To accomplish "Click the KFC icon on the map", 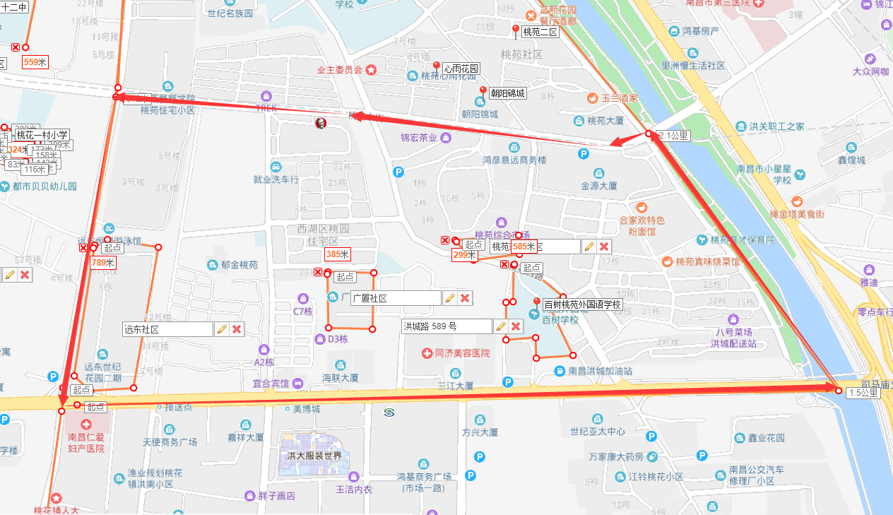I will pos(320,124).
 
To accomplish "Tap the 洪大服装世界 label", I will pos(314,456).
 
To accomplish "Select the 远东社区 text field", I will pos(167,329).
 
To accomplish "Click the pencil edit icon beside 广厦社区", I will pos(449,298).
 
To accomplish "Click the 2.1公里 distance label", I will pos(671,135).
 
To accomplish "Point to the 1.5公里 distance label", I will pos(863,393).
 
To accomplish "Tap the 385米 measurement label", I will pos(338,254).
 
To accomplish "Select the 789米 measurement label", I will pos(102,263).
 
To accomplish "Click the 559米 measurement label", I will pos(35,62).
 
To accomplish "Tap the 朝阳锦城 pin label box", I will pos(508,93).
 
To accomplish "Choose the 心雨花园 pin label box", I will pos(461,69).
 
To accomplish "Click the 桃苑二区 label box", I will pos(540,32).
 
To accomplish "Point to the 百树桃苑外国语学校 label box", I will pos(583,305).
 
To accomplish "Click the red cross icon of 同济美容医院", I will pos(427,353).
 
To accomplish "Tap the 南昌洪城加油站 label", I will pos(600,371).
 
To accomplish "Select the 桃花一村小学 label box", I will pos(42,135).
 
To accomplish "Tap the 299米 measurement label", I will pos(461,255).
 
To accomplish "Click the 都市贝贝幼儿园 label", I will pos(45,187).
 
